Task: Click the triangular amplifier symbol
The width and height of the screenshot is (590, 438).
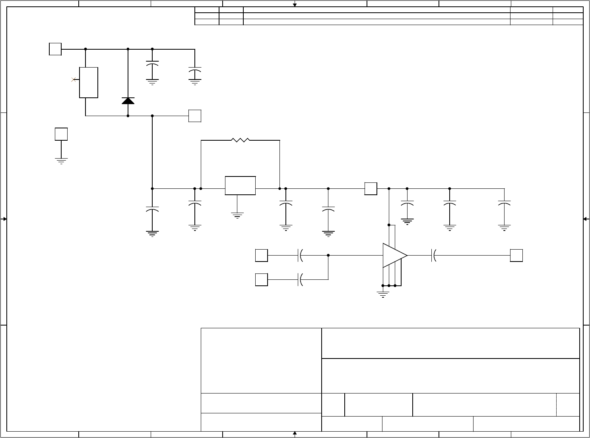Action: click(x=394, y=256)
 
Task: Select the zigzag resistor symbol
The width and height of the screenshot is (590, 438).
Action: click(x=240, y=140)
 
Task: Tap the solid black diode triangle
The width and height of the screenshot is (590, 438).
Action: click(x=128, y=101)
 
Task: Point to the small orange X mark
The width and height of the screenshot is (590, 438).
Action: click(x=74, y=80)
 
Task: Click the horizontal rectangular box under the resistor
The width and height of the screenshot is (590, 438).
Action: click(x=240, y=186)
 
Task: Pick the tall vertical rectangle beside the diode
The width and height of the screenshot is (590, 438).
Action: click(x=89, y=82)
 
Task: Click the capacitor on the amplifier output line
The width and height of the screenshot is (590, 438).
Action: click(x=434, y=256)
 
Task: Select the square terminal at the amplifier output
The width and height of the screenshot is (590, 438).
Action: click(x=516, y=256)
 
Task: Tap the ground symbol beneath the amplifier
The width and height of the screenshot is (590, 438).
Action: click(x=383, y=294)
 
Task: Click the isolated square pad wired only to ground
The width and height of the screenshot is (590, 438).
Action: click(x=61, y=134)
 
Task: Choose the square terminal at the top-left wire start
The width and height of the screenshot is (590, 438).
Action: click(x=55, y=49)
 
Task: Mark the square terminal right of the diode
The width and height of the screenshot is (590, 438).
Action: click(x=194, y=116)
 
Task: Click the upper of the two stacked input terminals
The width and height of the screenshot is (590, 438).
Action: click(x=261, y=256)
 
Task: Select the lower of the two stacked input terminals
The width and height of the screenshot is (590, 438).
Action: click(x=261, y=279)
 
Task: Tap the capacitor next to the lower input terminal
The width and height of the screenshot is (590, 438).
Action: click(x=300, y=279)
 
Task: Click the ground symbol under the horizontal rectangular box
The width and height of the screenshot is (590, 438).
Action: click(x=237, y=215)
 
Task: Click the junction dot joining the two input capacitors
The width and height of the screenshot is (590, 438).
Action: click(x=328, y=256)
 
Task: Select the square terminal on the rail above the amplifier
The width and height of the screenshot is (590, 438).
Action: click(x=371, y=189)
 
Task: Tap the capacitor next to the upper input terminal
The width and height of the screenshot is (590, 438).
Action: click(x=300, y=256)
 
